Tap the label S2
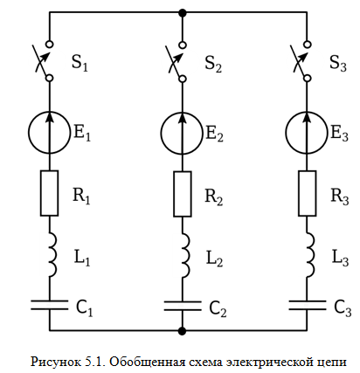(213, 64)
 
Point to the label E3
(340, 134)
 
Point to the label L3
(340, 258)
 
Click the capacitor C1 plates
(49, 305)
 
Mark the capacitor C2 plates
(183, 306)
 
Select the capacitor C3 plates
(307, 305)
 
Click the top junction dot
(183, 13)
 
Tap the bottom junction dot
(183, 331)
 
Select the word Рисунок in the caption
(56, 363)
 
